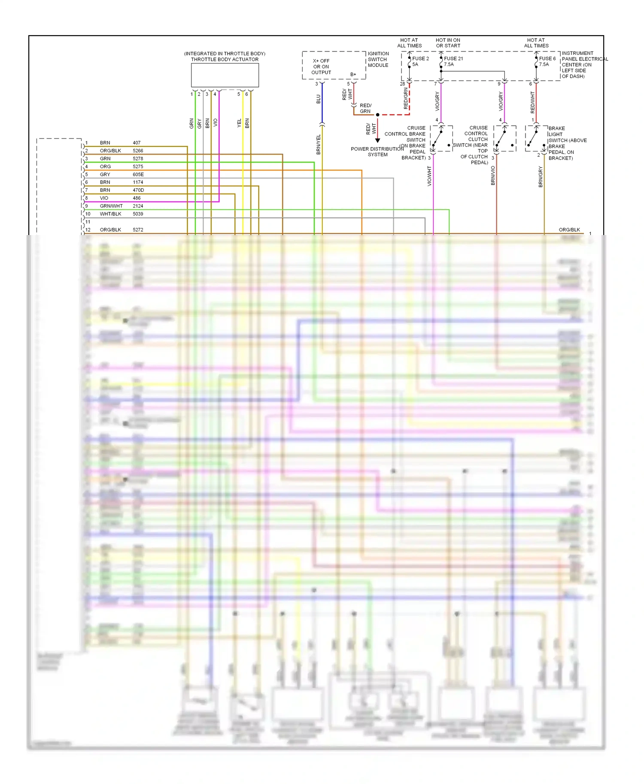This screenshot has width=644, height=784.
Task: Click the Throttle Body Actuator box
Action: click(x=225, y=75)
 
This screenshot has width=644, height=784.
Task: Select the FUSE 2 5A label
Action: click(x=420, y=61)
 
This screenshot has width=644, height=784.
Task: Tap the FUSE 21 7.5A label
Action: click(x=453, y=61)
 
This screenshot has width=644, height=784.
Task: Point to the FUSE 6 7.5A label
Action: click(x=547, y=61)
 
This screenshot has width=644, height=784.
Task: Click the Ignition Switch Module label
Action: click(x=378, y=60)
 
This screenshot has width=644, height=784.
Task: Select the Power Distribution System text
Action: click(x=377, y=152)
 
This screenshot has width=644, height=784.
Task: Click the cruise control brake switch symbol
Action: click(x=441, y=139)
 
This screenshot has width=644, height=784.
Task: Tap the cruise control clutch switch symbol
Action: click(x=504, y=139)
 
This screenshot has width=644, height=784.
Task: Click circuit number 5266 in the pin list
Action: click(x=138, y=151)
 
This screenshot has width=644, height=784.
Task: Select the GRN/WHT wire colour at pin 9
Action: click(x=111, y=206)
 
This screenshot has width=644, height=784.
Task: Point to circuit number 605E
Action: click(x=138, y=175)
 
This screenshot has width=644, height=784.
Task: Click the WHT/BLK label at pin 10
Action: click(x=110, y=214)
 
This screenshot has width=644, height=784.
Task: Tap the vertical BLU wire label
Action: click(x=319, y=99)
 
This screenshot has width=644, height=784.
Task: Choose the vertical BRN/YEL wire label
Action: click(x=319, y=145)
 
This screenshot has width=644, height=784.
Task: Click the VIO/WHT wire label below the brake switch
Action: click(x=429, y=176)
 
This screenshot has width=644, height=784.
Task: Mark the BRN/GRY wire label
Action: click(x=541, y=177)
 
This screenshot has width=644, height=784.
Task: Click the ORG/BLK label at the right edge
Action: click(x=569, y=230)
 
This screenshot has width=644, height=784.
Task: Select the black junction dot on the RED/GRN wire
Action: click(x=378, y=115)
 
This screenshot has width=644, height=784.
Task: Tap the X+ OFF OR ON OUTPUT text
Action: click(x=321, y=67)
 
